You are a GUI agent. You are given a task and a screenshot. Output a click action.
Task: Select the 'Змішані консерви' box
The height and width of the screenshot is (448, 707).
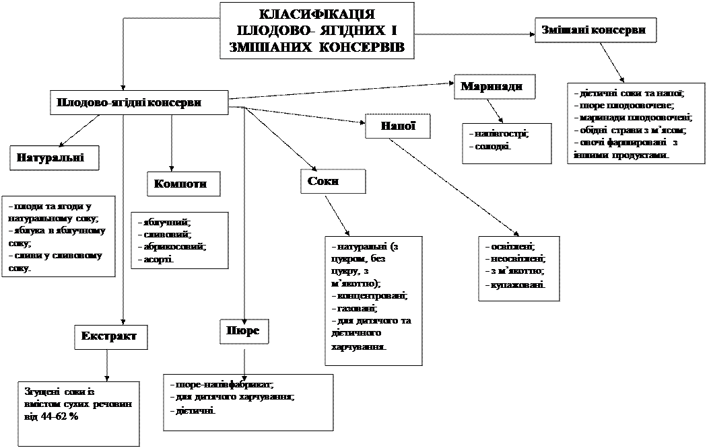tap(596, 30)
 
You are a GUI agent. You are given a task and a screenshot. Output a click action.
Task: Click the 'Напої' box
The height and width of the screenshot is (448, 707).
tap(397, 126)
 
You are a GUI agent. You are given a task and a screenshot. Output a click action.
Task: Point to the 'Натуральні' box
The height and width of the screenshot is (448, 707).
tap(55, 158)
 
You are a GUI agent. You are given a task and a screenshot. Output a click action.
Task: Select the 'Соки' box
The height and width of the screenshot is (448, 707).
tap(333, 182)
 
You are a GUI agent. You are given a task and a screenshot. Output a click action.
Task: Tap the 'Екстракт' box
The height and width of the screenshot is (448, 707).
tap(110, 336)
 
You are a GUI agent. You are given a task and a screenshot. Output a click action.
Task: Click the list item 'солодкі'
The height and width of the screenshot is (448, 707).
tap(493, 146)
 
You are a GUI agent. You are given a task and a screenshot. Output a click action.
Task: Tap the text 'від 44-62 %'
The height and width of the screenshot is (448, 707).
tap(51, 416)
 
